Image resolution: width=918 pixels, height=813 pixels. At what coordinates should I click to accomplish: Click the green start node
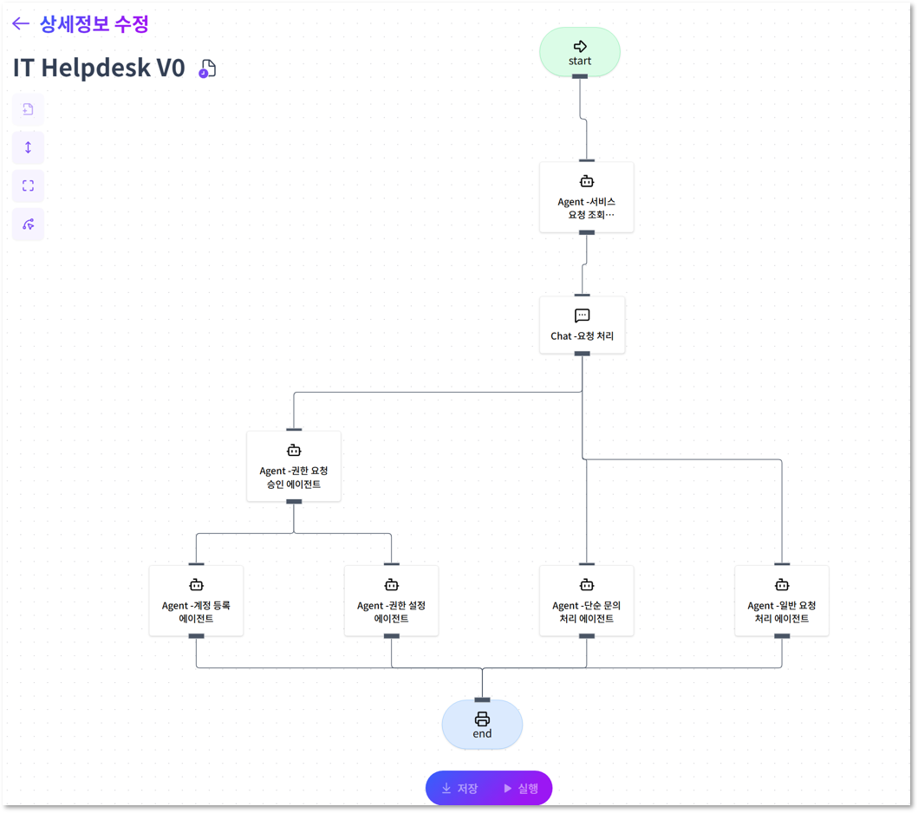tap(580, 52)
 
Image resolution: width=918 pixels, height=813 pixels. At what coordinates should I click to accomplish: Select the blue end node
tap(482, 725)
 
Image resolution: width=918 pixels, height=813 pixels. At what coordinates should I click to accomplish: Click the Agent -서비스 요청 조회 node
tap(586, 198)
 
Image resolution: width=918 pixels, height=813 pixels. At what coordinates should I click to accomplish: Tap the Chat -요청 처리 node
tap(582, 325)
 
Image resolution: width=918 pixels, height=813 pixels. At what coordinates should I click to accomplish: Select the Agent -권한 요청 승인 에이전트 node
tap(294, 466)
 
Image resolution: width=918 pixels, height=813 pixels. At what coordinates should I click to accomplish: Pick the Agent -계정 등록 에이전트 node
tap(196, 601)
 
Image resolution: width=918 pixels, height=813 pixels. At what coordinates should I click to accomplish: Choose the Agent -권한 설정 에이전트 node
tap(391, 601)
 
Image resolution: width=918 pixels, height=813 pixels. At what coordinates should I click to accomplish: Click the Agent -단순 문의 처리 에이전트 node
tap(586, 601)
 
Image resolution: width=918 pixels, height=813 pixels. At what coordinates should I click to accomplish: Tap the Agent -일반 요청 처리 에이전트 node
tap(781, 601)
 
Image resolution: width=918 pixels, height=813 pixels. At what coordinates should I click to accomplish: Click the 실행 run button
tap(521, 789)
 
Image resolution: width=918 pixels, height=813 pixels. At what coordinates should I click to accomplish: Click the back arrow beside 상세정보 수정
tap(21, 24)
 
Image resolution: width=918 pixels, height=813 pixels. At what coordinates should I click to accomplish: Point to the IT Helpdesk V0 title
tap(99, 68)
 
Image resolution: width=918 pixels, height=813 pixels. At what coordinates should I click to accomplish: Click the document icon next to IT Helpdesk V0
tap(207, 69)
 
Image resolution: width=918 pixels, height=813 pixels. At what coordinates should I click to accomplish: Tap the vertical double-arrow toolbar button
tap(28, 147)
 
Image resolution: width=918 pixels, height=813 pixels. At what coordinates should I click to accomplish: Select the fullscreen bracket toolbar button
tap(28, 185)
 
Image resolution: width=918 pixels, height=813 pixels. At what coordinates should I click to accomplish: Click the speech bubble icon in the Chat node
tap(582, 315)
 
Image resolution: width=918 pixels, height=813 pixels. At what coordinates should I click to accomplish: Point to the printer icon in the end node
tap(482, 719)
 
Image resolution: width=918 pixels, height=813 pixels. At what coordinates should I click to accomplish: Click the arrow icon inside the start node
tap(580, 46)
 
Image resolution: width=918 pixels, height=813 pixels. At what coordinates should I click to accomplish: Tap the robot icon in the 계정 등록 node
tap(196, 585)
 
